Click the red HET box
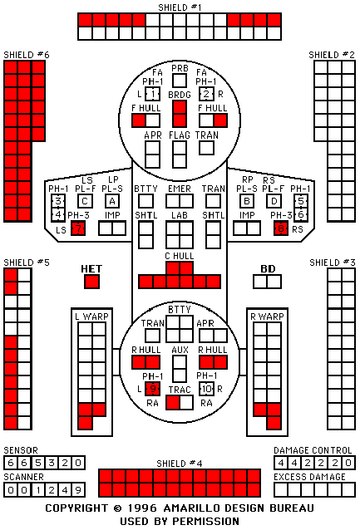(x=91, y=282)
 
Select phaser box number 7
(x=78, y=228)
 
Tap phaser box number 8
(x=281, y=228)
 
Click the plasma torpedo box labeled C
(x=85, y=202)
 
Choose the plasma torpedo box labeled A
(x=112, y=202)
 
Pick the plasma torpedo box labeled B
(x=247, y=202)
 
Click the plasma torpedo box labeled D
(x=274, y=202)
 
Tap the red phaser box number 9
(x=153, y=389)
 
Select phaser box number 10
(x=206, y=389)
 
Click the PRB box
(x=180, y=81)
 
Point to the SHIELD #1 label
(x=180, y=7)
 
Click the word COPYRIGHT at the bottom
(x=76, y=508)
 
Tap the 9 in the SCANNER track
(x=78, y=490)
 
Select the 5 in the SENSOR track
(x=37, y=463)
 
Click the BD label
(x=268, y=269)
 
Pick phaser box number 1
(x=153, y=94)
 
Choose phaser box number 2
(x=206, y=94)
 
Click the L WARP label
(x=91, y=317)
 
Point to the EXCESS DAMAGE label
(x=309, y=477)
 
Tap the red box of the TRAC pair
(x=173, y=403)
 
